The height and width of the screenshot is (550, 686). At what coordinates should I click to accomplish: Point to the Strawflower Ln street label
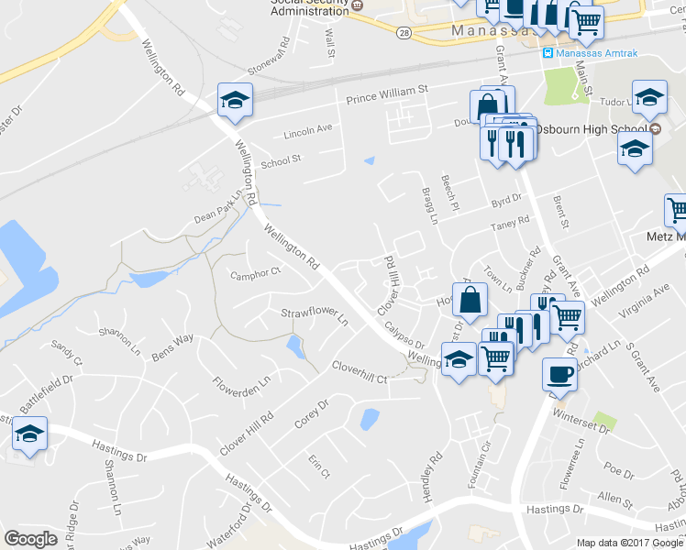point(315,318)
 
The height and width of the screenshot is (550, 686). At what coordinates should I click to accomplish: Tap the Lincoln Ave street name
point(308,130)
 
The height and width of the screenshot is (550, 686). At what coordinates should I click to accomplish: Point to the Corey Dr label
point(311,412)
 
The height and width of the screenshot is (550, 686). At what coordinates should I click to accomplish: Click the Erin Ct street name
point(318,467)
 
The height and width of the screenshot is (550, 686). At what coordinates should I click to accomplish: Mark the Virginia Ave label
point(648,304)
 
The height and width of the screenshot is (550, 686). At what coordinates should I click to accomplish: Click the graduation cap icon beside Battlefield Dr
point(29,434)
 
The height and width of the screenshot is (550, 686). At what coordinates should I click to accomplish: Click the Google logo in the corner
point(30,539)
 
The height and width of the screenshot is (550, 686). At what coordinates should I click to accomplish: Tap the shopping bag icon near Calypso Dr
point(470,300)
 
